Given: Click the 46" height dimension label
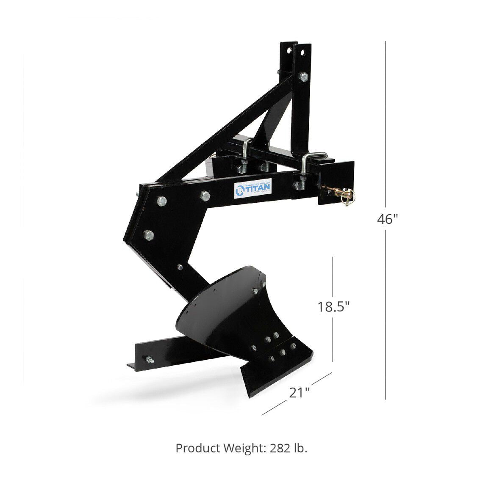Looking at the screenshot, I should (388, 219).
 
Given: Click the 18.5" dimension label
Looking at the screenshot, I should (334, 306).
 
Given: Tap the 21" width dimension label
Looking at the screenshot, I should (300, 392).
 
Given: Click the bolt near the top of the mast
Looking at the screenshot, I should (304, 77).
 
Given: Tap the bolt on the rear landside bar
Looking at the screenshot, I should (149, 360).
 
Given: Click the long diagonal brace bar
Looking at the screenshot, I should (220, 131).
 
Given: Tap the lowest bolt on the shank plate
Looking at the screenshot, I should (180, 267).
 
